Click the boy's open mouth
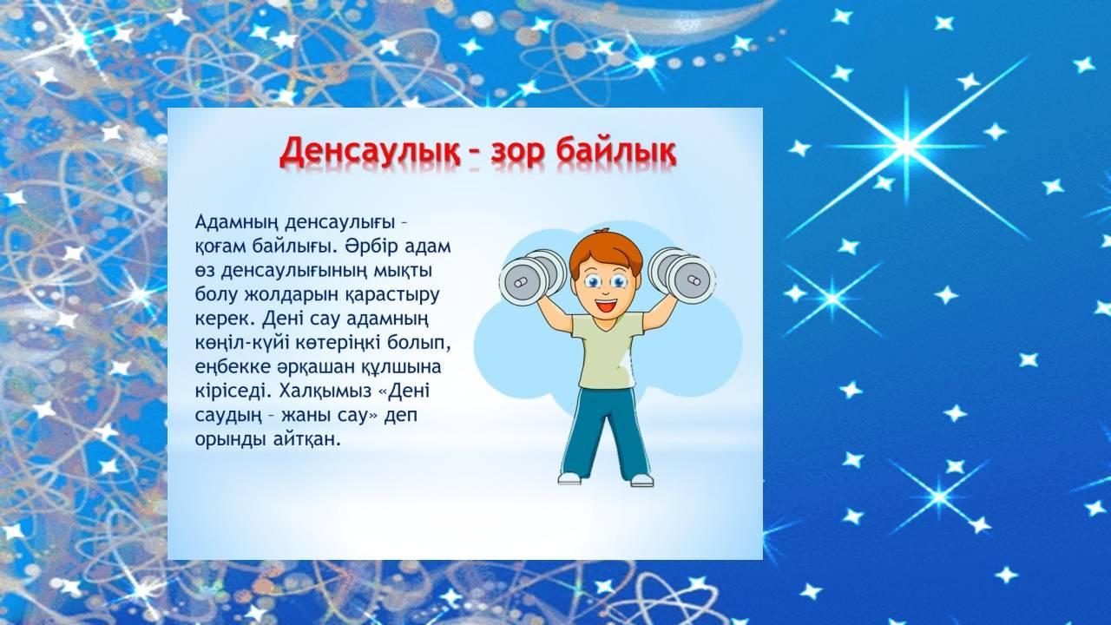click(606, 305)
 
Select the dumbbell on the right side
click(681, 274)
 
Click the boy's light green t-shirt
click(608, 349)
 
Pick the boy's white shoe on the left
click(569, 478)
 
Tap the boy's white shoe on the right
click(641, 480)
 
